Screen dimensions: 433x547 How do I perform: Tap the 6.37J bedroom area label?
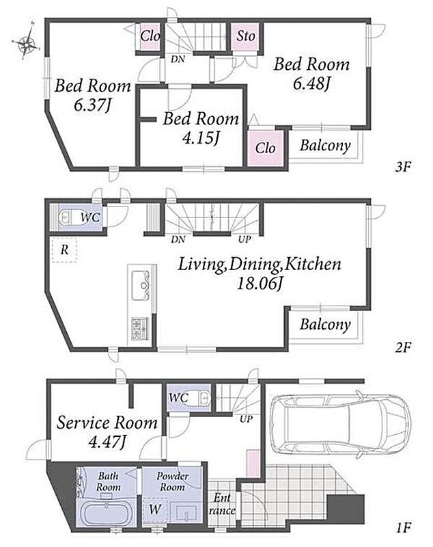point(92,104)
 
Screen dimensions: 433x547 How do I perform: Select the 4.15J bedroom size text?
point(201,137)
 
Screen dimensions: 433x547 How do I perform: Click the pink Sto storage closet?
point(246,37)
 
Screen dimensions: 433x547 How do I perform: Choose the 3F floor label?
point(403,168)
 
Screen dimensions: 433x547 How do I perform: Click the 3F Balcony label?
point(325,145)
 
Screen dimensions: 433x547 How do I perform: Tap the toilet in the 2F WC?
point(68,217)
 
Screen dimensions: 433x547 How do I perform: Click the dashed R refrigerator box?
point(64,250)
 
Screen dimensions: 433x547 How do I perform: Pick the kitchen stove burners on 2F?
point(140,328)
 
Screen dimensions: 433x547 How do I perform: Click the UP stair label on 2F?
point(245,239)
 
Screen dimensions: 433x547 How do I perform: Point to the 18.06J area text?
point(259,283)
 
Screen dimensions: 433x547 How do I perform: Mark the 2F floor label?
point(403,347)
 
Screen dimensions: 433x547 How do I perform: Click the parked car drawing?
point(340,424)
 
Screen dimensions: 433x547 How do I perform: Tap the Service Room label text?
point(107,423)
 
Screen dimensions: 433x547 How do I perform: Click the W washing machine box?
point(154,509)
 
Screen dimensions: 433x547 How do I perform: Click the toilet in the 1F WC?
point(202,398)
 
